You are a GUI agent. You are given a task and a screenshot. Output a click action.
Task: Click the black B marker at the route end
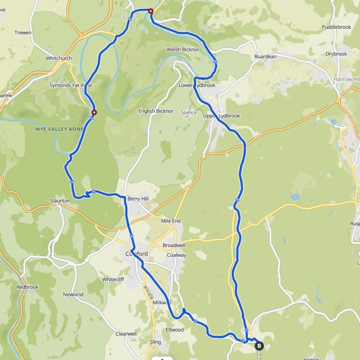pyautogui.click(x=259, y=346)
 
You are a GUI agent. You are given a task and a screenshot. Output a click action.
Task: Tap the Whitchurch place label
pyautogui.click(x=59, y=58)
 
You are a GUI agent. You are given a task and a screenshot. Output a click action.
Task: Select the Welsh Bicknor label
pyautogui.click(x=183, y=50)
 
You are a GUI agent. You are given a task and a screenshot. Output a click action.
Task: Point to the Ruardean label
pyautogui.click(x=265, y=57)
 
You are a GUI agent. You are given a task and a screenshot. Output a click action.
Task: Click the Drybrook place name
pyautogui.click(x=336, y=54)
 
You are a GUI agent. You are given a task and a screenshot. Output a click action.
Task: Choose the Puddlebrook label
pyautogui.click(x=336, y=27)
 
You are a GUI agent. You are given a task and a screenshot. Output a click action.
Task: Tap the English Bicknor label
pyautogui.click(x=156, y=111)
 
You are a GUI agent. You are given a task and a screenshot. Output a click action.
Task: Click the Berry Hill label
pyautogui.click(x=138, y=199)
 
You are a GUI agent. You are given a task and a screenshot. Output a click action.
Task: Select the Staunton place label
pyautogui.click(x=60, y=201)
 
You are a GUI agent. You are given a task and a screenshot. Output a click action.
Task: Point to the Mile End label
pyautogui.click(x=171, y=221)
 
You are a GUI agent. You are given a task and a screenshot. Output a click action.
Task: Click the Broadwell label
pyautogui.click(x=174, y=245)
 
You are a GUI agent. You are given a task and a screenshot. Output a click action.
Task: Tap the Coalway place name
pyautogui.click(x=177, y=255)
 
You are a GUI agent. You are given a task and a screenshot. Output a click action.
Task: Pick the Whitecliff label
pyautogui.click(x=113, y=279)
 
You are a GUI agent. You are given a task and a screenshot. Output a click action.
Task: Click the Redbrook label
pyautogui.click(x=27, y=287)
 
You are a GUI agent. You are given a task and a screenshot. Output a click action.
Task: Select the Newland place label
pyautogui.click(x=73, y=294)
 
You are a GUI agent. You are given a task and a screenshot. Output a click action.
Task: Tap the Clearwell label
pyautogui.click(x=126, y=334)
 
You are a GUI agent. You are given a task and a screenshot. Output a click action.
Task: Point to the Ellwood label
pyautogui.click(x=175, y=330)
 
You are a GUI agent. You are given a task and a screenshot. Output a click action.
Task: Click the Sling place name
pyautogui.click(x=155, y=342)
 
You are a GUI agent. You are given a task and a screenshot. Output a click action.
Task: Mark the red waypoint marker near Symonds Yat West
pyautogui.click(x=94, y=113)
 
